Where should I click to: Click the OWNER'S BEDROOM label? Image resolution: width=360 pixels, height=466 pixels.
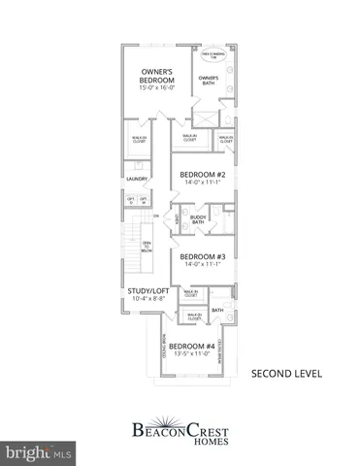tap(156, 76)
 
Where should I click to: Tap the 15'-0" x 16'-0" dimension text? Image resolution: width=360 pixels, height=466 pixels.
tap(156, 89)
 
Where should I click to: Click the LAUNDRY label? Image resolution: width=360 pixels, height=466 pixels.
tap(136, 179)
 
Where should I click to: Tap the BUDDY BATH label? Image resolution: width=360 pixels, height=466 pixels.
tap(198, 221)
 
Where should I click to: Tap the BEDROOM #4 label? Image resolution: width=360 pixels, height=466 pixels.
tap(190, 347)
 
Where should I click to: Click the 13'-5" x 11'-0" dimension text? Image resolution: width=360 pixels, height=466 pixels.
tap(190, 356)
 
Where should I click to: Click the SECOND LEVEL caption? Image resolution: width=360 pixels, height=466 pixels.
tap(282, 373)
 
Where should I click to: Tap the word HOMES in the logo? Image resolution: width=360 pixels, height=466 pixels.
tap(179, 436)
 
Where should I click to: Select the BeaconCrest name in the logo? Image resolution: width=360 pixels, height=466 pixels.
tap(179, 423)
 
